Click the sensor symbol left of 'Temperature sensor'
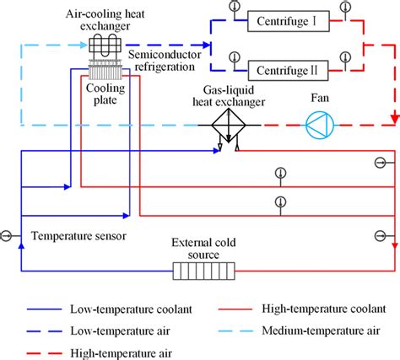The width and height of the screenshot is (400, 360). click(8, 235)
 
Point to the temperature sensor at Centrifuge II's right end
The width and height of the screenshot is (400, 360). click(343, 56)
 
